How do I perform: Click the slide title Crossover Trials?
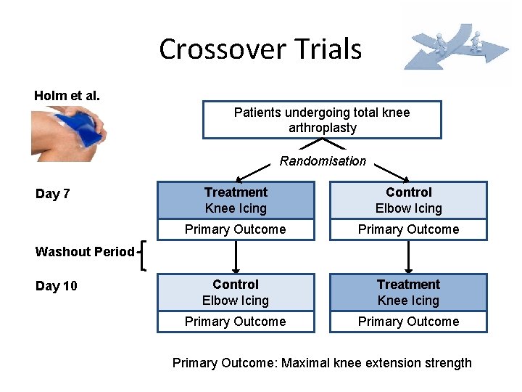[260, 49]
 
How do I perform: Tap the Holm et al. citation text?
[67, 96]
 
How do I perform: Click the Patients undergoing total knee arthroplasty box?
[322, 120]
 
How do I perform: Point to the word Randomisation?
[323, 161]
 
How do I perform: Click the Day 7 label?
[53, 194]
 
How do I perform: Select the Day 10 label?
[56, 286]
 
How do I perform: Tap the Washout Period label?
[85, 252]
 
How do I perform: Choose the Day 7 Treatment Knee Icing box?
[236, 200]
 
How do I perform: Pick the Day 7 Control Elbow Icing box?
[408, 200]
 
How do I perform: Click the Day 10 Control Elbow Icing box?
[236, 293]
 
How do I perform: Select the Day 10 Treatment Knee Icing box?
[408, 293]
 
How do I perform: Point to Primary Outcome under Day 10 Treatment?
[408, 322]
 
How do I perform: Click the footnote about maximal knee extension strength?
[322, 363]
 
